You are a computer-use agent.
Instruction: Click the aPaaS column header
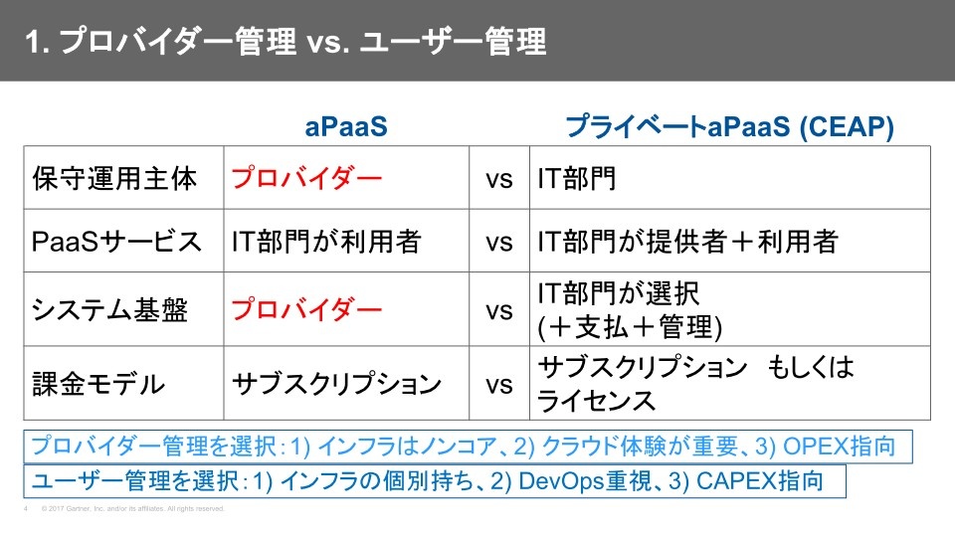pos(346,126)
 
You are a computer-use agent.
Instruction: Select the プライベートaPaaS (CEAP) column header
pos(729,126)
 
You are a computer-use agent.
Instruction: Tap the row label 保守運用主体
pos(114,178)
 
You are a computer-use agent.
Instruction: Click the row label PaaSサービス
pos(116,241)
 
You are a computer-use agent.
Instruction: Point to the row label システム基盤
pos(109,309)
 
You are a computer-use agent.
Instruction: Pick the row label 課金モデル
pos(98,384)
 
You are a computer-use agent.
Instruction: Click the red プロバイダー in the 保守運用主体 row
pos(306,178)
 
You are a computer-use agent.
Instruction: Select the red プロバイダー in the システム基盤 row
pos(306,309)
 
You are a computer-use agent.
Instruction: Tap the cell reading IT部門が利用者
pos(326,241)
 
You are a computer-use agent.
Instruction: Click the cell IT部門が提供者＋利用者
pos(687,241)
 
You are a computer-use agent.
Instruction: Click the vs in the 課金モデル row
pos(498,385)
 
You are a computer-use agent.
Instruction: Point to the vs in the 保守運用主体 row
pos(498,180)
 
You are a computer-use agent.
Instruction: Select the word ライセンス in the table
pos(596,401)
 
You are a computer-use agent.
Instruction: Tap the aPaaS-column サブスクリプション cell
pos(337,384)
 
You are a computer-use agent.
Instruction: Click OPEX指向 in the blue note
pos(839,447)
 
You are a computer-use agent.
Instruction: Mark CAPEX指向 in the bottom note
pos(759,481)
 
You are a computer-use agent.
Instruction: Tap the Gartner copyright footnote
pos(132,508)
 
